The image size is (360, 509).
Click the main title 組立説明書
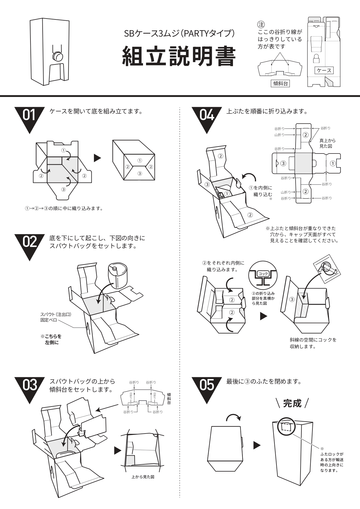click(x=178, y=56)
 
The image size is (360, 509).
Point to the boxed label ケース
click(x=324, y=70)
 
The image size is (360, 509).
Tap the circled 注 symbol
click(x=261, y=24)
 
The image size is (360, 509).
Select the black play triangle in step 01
click(x=97, y=158)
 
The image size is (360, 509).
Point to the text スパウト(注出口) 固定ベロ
click(x=56, y=317)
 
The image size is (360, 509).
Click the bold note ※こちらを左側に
click(x=51, y=339)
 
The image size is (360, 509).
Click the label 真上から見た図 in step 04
click(x=327, y=143)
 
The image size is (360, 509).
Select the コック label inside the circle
click(x=263, y=274)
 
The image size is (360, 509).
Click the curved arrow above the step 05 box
click(x=233, y=417)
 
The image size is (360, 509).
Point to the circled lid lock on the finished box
click(x=286, y=426)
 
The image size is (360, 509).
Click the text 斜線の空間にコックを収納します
click(x=313, y=343)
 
